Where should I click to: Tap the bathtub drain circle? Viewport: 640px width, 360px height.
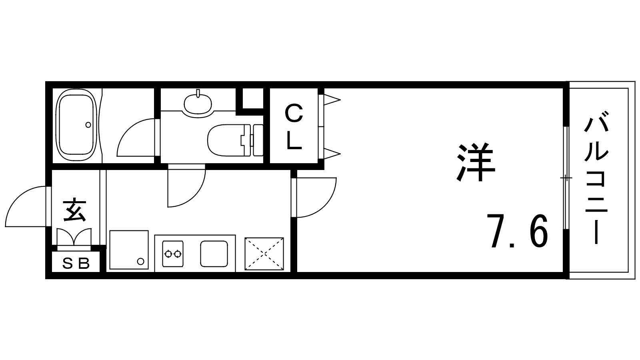[x=88, y=124]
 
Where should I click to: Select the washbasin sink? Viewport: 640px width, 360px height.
[x=198, y=103]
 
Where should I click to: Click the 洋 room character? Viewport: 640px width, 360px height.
[x=476, y=163]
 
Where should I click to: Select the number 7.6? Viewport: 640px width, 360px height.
[x=517, y=231]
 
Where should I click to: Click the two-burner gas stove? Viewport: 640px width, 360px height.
[x=173, y=254]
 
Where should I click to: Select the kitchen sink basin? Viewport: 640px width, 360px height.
[x=214, y=254]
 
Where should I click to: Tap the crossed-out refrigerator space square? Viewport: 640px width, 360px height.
[x=264, y=254]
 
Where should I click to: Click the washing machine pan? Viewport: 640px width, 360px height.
[x=128, y=250]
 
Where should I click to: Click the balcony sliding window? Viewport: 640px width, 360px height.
[x=566, y=178]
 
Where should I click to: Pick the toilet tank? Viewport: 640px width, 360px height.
[x=258, y=140]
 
